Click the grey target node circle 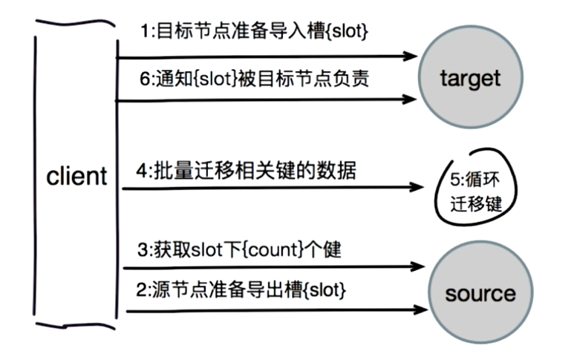point(470,77)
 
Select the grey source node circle point(480,292)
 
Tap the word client point(76,176)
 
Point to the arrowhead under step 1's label point(410,56)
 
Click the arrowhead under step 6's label point(409,99)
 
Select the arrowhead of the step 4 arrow point(417,187)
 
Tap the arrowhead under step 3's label point(417,266)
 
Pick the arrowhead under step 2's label point(420,310)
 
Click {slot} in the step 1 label point(346,31)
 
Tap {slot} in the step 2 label point(324,290)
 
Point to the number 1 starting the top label point(145,31)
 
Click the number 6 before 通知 point(145,79)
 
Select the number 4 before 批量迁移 point(142,171)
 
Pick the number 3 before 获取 point(143,250)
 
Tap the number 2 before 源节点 point(141,290)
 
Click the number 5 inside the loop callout point(455,180)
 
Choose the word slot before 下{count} point(206,250)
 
